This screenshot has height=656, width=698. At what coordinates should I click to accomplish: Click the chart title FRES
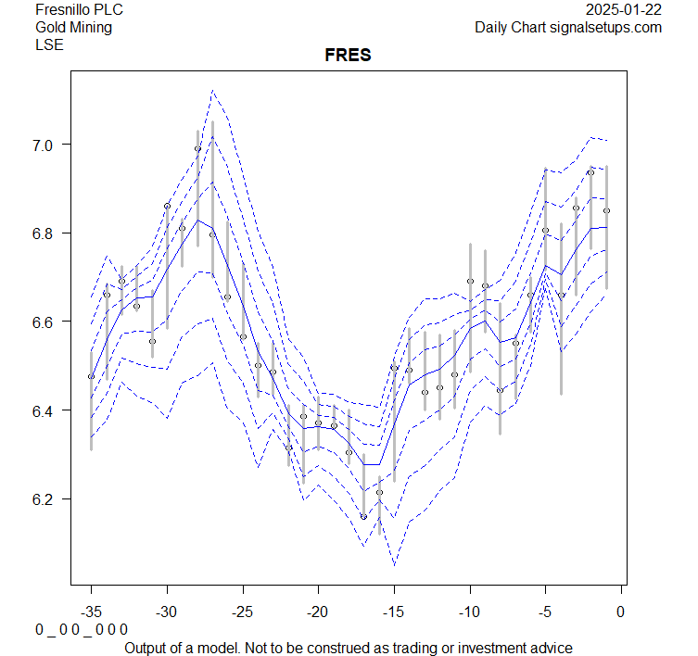click(x=348, y=56)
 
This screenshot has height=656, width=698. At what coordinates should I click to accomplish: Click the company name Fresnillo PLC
click(x=79, y=10)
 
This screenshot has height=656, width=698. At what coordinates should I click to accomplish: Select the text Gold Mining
click(x=73, y=27)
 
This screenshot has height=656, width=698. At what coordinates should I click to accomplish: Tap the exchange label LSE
click(x=49, y=44)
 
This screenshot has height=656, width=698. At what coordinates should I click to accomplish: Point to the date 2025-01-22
click(x=624, y=10)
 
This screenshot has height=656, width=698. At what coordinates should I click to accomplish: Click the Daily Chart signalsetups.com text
click(x=568, y=27)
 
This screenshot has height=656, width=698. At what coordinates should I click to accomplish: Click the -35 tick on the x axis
click(x=91, y=612)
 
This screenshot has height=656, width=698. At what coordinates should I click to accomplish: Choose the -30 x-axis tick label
click(x=167, y=612)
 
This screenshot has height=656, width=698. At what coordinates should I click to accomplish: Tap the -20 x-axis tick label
click(x=318, y=612)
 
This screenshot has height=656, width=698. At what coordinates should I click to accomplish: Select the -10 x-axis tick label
click(x=469, y=612)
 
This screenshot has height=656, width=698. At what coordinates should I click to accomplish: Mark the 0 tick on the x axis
click(x=621, y=612)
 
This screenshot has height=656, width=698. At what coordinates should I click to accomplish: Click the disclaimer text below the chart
click(x=348, y=647)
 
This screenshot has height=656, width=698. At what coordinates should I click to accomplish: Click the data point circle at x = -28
click(x=197, y=149)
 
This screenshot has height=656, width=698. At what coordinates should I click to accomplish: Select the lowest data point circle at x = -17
click(x=363, y=516)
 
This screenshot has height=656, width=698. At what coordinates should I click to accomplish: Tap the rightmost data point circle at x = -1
click(x=606, y=211)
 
